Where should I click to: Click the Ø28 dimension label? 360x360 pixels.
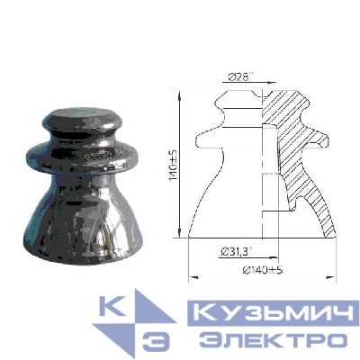[x=239, y=78]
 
